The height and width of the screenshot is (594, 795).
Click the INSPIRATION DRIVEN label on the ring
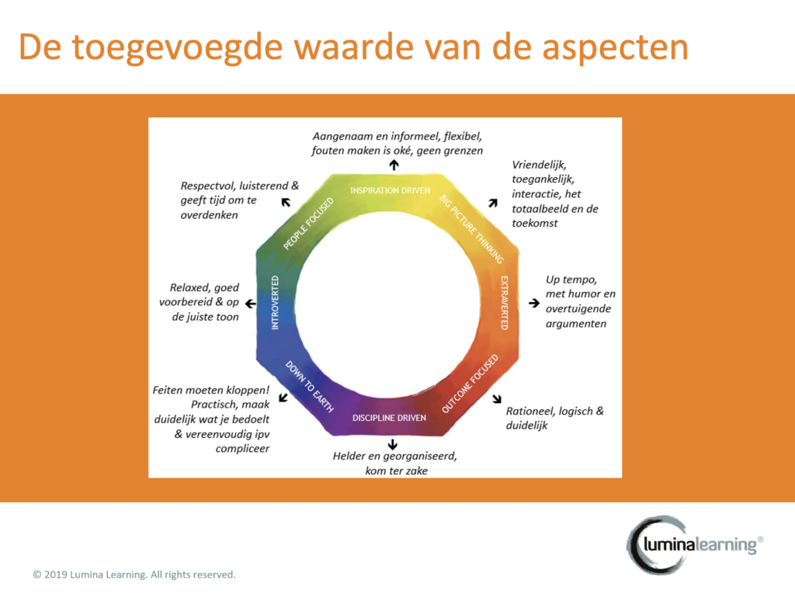click(390, 191)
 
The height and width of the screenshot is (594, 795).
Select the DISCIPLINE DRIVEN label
click(390, 418)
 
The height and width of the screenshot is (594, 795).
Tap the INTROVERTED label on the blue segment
click(276, 303)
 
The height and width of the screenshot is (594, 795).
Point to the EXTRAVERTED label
click(505, 303)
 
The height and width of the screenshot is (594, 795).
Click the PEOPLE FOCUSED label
click(308, 224)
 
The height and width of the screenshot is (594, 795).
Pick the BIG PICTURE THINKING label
click(471, 229)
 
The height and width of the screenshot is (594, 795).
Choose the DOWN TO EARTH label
click(309, 387)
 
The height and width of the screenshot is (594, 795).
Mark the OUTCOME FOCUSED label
click(470, 384)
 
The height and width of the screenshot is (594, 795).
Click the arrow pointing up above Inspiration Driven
click(394, 165)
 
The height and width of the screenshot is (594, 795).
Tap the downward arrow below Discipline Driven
click(392, 444)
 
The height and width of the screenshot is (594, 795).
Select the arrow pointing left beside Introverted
click(251, 304)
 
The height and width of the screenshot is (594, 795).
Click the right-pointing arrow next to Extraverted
click(534, 303)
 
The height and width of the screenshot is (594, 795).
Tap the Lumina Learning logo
click(695, 545)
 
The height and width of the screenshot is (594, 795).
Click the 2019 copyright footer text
click(134, 575)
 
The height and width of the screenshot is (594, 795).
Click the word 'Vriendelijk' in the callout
click(539, 165)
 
